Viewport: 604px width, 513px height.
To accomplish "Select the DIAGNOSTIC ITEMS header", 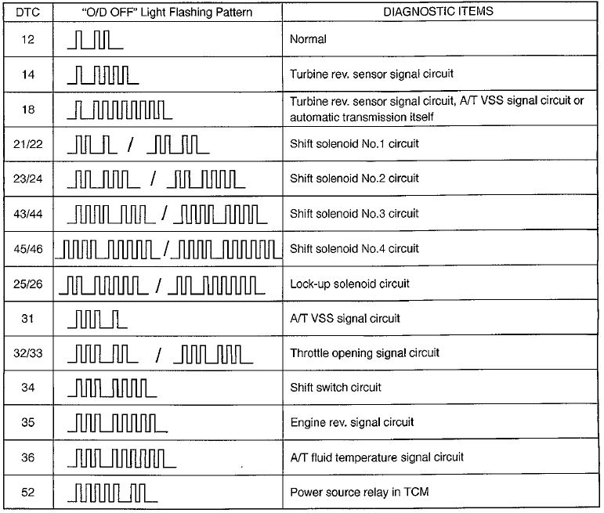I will (x=436, y=13).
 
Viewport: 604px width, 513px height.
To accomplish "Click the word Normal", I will (x=308, y=39).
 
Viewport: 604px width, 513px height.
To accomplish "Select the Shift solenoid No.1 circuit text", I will (x=354, y=144).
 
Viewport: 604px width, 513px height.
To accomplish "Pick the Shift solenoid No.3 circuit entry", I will (x=354, y=213).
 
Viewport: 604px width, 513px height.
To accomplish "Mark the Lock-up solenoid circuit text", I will (x=349, y=283).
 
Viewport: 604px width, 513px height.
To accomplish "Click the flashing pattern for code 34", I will (x=112, y=387).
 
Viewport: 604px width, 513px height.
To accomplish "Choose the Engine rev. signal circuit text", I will (x=352, y=422).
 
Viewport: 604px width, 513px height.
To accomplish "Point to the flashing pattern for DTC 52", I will (x=112, y=492).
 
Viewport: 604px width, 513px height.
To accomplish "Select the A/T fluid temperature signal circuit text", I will (x=377, y=457).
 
